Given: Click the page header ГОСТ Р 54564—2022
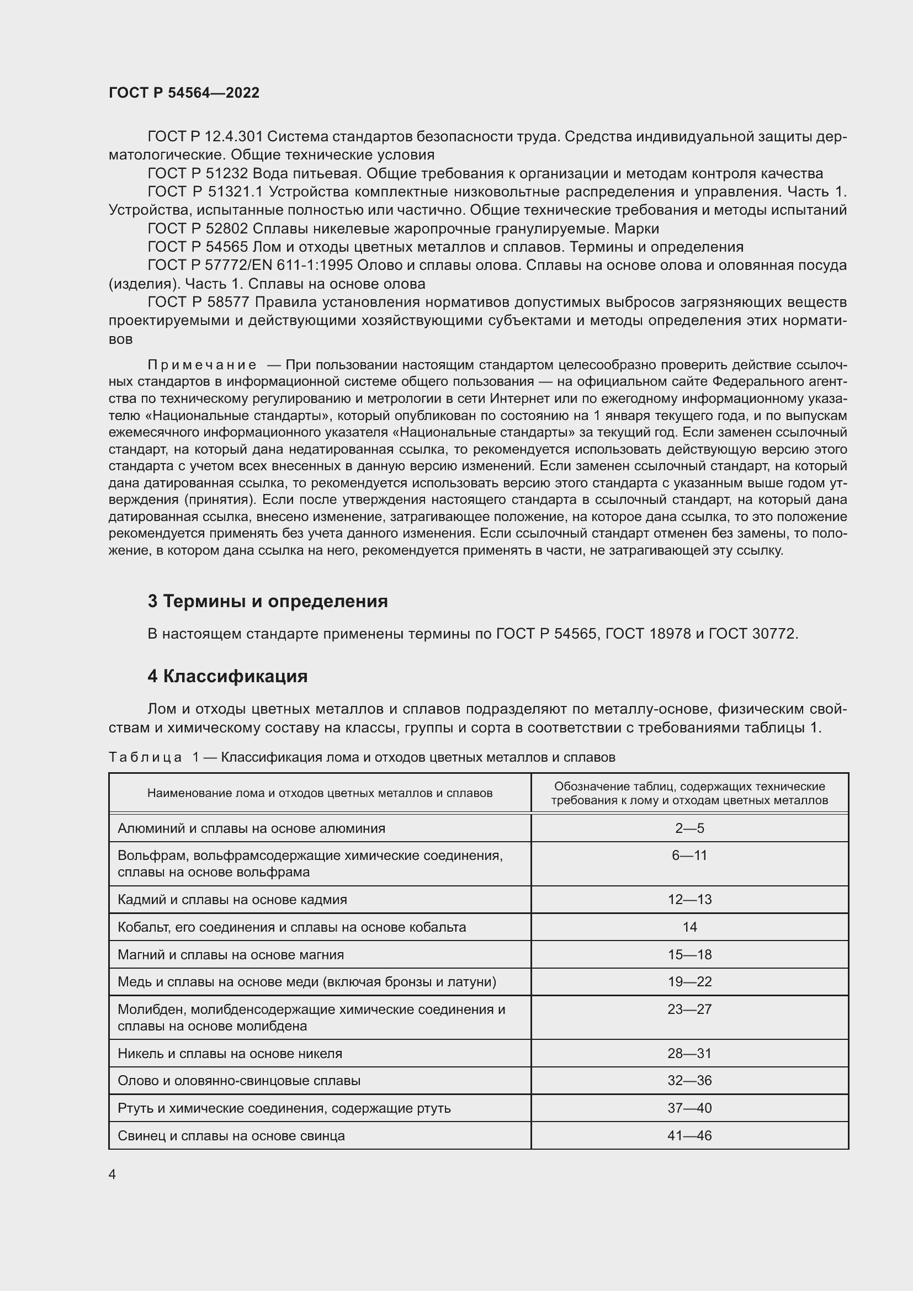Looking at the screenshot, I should pos(184,93).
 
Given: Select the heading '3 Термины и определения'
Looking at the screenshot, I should pos(268,602).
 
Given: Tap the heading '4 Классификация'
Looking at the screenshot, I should pos(227,676).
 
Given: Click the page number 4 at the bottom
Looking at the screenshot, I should pos(113,1174).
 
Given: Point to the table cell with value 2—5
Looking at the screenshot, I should pos(689,828).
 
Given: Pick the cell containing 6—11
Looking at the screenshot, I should pos(689,856).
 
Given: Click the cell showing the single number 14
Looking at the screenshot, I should pos(689,927).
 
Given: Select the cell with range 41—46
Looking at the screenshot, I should pos(689,1136).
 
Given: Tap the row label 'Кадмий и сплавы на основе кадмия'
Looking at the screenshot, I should pos(232,900).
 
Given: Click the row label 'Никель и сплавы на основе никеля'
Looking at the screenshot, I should pos(230,1054).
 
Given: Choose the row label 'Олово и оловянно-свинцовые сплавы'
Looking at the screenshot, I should pos(239,1081).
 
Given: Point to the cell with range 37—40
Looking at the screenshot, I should pos(689,1108).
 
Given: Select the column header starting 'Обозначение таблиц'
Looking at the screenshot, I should pos(689,793).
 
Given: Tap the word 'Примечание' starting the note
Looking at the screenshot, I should pos(202,365).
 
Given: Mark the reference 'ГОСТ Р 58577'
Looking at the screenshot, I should pos(198,302).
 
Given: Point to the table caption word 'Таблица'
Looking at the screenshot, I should pos(145,757).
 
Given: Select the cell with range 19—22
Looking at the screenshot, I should pos(689,982).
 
